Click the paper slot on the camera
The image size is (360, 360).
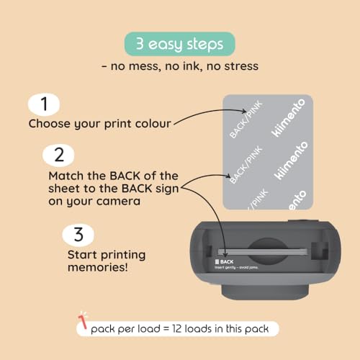(x=263, y=253)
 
